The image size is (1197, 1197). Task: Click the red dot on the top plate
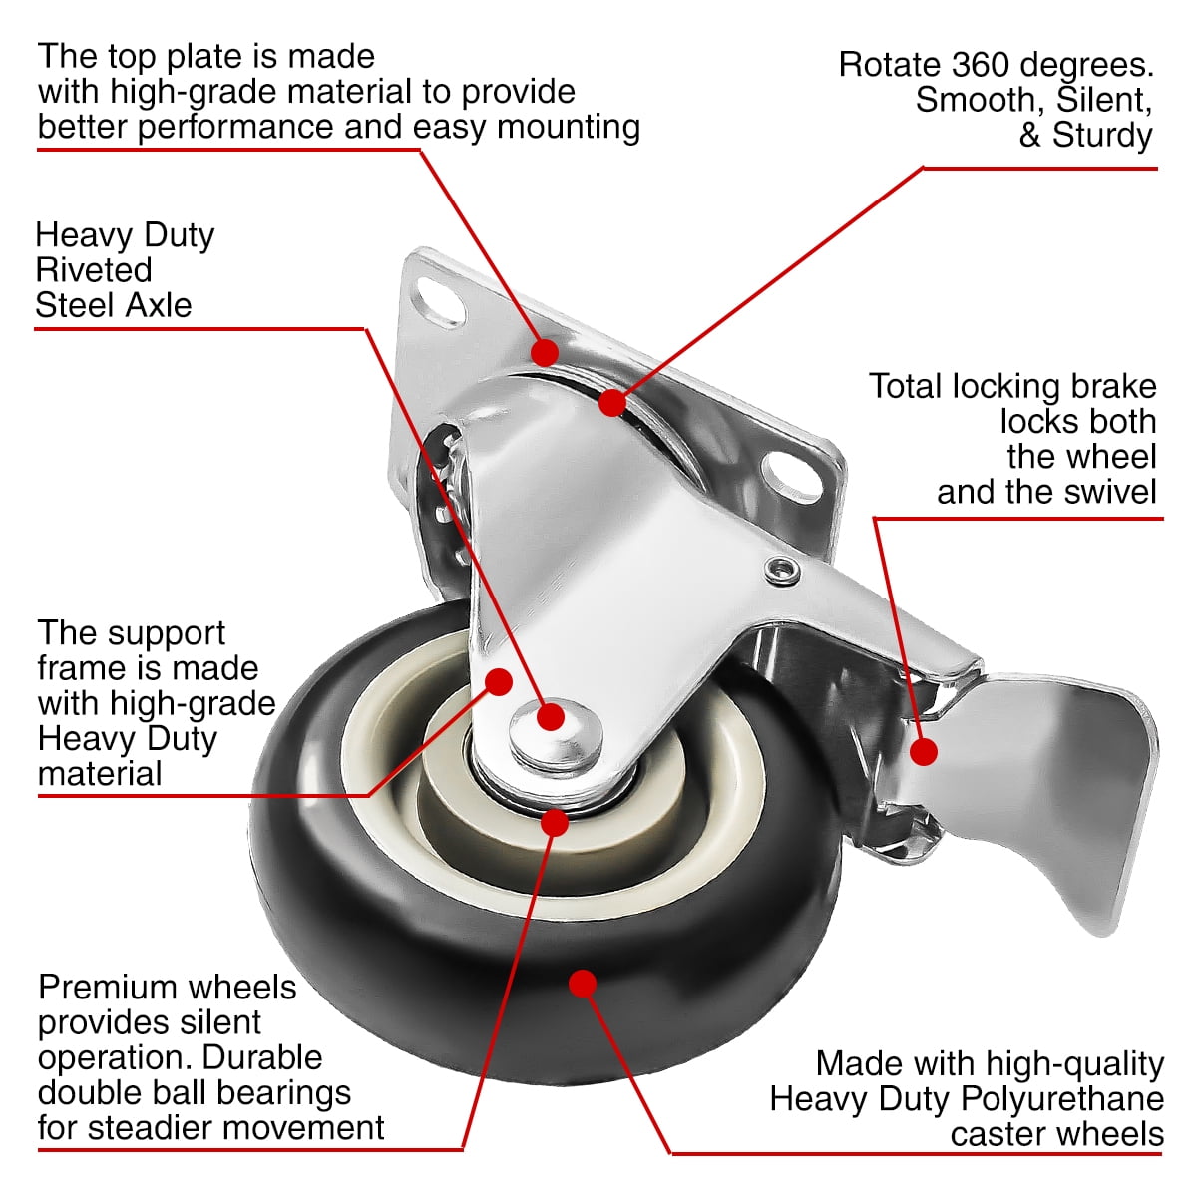click(x=544, y=352)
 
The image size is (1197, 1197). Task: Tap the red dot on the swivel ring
click(x=612, y=402)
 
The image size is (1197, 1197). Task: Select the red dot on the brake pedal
click(x=925, y=751)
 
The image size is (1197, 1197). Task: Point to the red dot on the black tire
click(x=583, y=984)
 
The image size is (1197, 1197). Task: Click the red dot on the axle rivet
click(x=551, y=716)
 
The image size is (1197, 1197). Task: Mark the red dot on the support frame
click(x=498, y=681)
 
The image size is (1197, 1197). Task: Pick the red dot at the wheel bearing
click(x=555, y=822)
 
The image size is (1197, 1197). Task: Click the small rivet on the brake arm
click(x=782, y=571)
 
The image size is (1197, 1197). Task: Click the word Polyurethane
click(x=1062, y=1099)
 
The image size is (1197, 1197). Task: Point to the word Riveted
click(x=94, y=270)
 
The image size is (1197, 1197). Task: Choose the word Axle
click(x=154, y=305)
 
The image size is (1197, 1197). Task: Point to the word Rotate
click(x=889, y=65)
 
